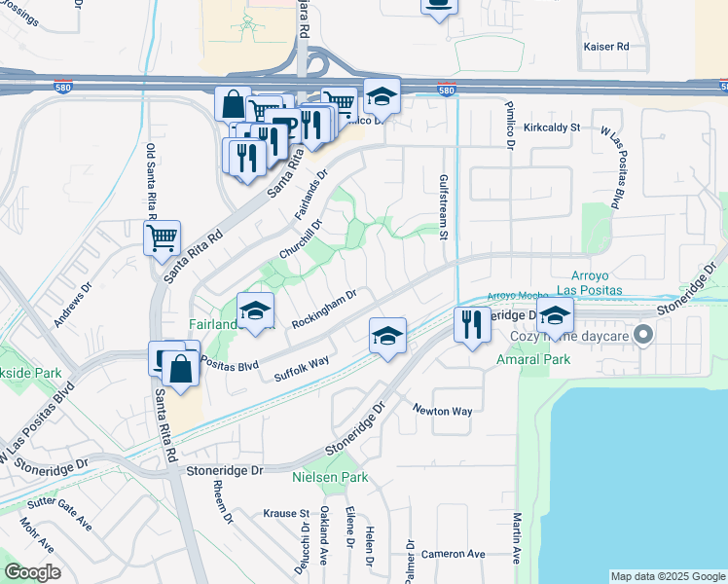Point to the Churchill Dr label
pos(300,237)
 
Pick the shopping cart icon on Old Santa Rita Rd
pos(162,237)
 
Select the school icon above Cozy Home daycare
pos(555,315)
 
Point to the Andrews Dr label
pos(73,305)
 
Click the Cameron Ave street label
pos(454,554)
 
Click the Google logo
pos(32,572)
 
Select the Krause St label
pos(286,513)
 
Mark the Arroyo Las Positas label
pos(592,282)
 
